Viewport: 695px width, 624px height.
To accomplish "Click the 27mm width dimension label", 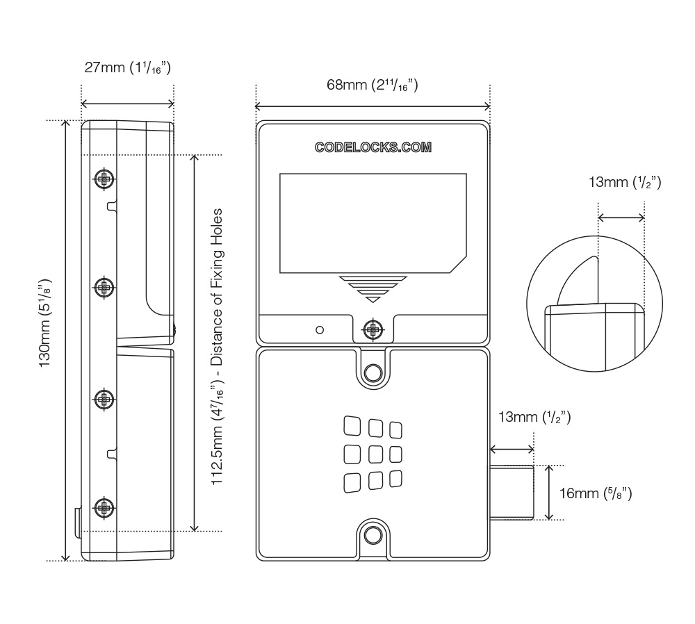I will [x=127, y=68].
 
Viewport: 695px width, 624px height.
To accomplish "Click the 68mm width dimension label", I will [x=372, y=85].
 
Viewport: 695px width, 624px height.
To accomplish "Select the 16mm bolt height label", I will [x=595, y=493].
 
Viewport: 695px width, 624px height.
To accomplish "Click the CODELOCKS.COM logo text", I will [x=373, y=147].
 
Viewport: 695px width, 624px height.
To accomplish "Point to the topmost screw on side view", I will [x=104, y=179].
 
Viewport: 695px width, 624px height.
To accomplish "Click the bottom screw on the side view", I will [x=104, y=508].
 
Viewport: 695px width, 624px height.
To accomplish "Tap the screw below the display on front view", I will [x=373, y=328].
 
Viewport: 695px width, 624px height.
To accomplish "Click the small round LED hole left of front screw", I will [x=320, y=329].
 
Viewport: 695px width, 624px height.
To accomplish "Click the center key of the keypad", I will [x=375, y=454].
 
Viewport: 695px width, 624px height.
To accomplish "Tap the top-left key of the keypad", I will [x=352, y=425].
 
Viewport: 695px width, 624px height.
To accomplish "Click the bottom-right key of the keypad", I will [x=396, y=479].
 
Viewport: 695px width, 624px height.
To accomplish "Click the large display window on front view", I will [x=372, y=222].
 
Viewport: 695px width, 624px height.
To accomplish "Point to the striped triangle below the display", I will [x=373, y=288].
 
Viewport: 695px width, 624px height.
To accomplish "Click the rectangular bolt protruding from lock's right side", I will [x=512, y=493].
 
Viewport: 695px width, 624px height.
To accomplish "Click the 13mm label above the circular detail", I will [x=624, y=183].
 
